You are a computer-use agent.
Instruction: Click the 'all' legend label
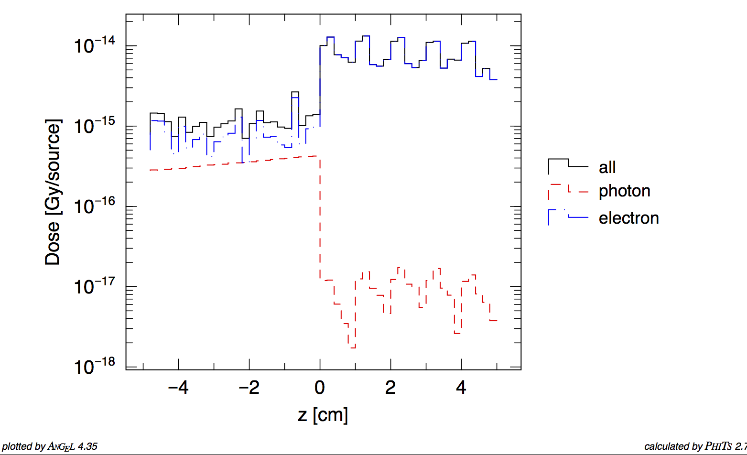click(x=607, y=167)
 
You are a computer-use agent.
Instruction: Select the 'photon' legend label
click(x=624, y=191)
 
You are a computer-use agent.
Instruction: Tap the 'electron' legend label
click(x=628, y=218)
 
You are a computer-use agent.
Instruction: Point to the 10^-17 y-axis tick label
click(x=94, y=287)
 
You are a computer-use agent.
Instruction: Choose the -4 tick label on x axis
click(x=178, y=388)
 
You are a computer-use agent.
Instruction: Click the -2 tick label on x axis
click(x=249, y=388)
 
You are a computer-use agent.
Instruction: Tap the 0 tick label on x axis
click(x=320, y=388)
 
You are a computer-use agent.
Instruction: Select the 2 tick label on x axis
click(x=390, y=388)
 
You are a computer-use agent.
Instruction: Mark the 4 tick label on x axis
click(x=461, y=388)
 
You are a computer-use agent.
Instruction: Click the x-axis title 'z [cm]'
click(x=323, y=415)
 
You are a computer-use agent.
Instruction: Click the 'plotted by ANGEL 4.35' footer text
click(x=50, y=447)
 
